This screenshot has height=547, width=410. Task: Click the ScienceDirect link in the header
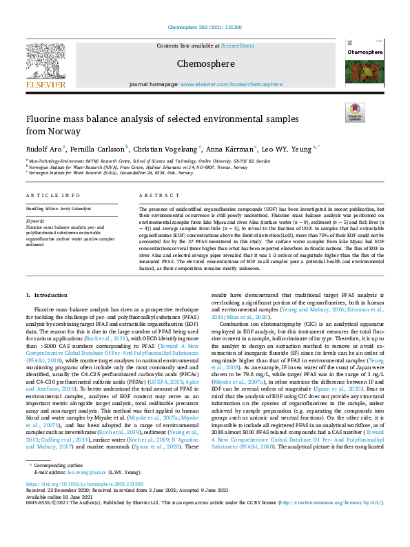(x=237, y=46)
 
